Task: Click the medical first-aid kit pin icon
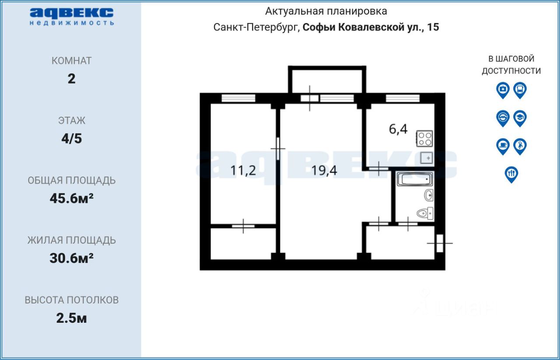point(503,90)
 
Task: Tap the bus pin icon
point(520,90)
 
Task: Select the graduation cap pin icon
point(520,118)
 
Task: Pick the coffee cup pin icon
point(503,146)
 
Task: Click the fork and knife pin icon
point(511,174)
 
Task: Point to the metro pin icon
point(503,118)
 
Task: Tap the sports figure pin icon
point(520,146)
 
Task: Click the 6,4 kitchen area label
point(398,129)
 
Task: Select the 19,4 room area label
point(324,171)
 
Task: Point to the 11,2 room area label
point(243,171)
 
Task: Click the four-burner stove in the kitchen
point(424,139)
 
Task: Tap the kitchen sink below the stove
point(427,158)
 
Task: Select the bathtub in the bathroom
point(415,179)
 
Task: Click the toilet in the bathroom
point(425,213)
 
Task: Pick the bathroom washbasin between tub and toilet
point(429,195)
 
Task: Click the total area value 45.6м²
point(71,199)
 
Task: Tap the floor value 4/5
point(71,139)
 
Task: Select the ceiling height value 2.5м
point(71,318)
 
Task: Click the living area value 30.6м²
point(71,258)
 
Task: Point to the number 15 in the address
point(433,27)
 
